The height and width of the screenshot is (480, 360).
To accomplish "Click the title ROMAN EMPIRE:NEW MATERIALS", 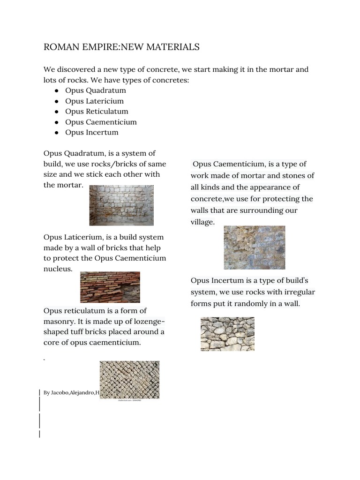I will click(121, 47).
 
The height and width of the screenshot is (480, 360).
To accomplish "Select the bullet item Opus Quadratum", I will click(95, 90).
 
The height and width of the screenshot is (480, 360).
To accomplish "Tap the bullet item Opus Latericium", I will click(94, 101).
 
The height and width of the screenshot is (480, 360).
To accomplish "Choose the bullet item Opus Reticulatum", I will click(97, 112).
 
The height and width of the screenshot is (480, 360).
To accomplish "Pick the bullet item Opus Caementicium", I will click(101, 122).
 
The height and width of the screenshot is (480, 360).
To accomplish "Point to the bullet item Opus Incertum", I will click(91, 132).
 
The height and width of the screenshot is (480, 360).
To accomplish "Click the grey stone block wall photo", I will click(121, 205).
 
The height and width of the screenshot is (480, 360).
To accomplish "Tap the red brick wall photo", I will click(110, 287).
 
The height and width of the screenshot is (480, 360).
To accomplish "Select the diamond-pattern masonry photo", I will click(129, 379).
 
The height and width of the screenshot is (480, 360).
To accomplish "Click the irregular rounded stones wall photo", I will click(227, 334).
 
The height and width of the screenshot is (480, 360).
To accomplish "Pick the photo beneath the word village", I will click(254, 247).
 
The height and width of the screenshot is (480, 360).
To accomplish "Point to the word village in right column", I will click(202, 222).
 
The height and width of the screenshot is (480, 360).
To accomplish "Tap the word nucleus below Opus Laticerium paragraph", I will click(58, 269).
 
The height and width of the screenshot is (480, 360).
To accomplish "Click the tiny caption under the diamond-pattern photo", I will click(129, 401).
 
